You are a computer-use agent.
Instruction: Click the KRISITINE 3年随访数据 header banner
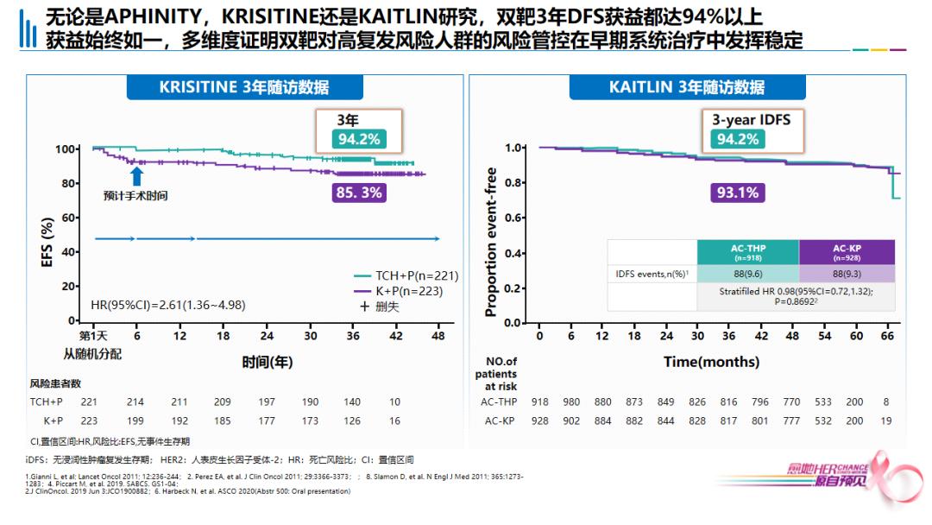tap(244, 87)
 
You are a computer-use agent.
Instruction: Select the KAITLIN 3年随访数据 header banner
tap(686, 87)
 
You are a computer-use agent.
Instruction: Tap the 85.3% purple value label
tap(359, 193)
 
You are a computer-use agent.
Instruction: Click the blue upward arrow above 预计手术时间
tap(135, 176)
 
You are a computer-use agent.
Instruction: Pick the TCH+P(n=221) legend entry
tap(406, 275)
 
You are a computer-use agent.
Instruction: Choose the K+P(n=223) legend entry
tap(406, 291)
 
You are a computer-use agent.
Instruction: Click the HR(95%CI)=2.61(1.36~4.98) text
tap(167, 305)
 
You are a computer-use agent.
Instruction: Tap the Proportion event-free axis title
tap(490, 242)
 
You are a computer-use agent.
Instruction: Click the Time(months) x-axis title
tap(711, 362)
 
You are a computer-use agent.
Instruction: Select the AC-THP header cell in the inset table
tap(747, 252)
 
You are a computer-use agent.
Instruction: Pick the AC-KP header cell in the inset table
tap(846, 252)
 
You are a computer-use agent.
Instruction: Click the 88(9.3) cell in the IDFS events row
tap(846, 274)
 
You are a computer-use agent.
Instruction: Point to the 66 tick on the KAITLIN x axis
tap(886, 336)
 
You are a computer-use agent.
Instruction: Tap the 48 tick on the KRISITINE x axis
tap(438, 336)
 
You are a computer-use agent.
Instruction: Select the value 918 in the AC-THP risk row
tap(539, 402)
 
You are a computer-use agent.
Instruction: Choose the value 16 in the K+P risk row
tap(394, 421)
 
